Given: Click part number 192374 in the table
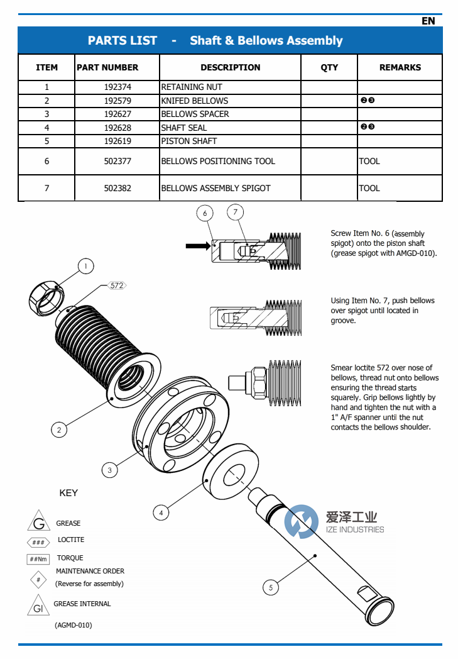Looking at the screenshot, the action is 117,87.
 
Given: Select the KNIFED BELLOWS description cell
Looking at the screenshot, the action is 195,101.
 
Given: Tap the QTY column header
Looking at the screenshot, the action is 329,67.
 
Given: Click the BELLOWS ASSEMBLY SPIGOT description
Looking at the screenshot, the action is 215,188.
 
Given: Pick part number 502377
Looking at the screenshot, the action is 117,162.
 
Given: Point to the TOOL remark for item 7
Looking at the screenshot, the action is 369,188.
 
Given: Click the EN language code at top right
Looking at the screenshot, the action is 428,21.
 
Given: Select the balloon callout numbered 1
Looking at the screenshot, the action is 86,266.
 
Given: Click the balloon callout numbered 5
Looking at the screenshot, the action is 271,587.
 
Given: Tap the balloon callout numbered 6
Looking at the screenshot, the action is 205,213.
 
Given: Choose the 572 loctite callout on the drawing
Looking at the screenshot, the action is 117,285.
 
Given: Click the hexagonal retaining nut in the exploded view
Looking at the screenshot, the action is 46,299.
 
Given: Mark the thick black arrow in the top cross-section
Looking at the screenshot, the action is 198,246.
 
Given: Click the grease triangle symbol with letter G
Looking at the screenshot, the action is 38,521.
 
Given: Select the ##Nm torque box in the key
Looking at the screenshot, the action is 38,559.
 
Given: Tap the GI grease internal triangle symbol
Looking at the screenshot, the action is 38,606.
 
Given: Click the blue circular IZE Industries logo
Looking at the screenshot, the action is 301,522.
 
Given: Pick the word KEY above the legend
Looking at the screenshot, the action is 68,492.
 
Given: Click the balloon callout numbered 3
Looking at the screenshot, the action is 109,470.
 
